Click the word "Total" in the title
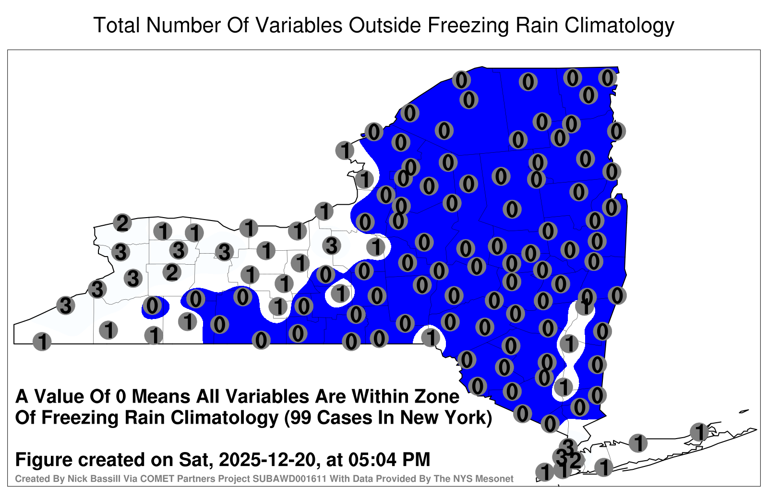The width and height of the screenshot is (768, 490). (x=116, y=25)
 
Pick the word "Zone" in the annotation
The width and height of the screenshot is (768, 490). (x=437, y=397)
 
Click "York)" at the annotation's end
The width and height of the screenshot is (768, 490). (x=468, y=418)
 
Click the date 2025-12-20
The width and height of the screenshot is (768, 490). (x=267, y=459)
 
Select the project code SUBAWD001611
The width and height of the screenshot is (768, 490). (x=289, y=478)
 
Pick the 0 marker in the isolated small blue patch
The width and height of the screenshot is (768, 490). (x=152, y=306)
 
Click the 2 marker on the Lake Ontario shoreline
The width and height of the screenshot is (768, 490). (x=122, y=223)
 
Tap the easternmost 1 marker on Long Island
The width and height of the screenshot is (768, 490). (x=699, y=432)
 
